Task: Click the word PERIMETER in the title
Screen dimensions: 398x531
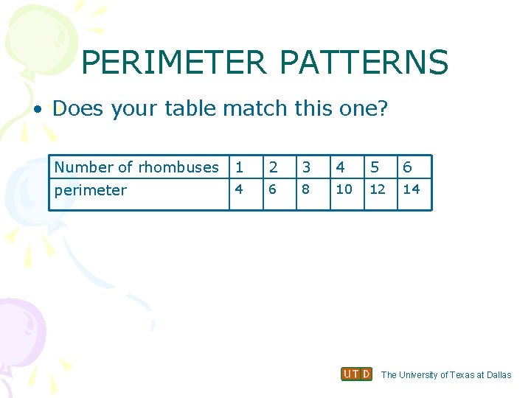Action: pos(173,63)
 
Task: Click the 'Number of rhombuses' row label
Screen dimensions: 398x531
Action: pos(136,167)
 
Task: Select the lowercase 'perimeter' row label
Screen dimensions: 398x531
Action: pos(91,190)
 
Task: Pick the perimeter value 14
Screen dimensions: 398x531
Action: pos(412,189)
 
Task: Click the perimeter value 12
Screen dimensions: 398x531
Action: pos(378,189)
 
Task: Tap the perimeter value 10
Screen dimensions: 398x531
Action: pos(344,189)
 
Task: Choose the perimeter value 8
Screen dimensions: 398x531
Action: pos(305,189)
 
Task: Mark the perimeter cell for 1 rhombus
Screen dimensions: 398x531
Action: pos(238,189)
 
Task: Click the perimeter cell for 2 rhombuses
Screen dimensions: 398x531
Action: pos(272,189)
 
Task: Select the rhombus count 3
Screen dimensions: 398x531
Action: pos(305,167)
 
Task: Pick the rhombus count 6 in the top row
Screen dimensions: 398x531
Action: pos(407,167)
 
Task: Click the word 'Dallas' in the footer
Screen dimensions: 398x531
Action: pos(499,375)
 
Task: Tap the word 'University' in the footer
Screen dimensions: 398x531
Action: pos(423,375)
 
